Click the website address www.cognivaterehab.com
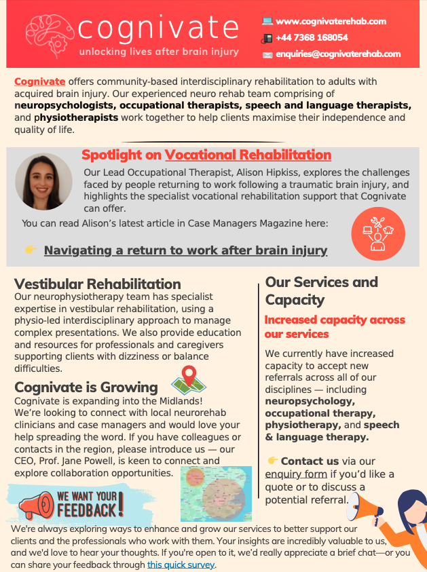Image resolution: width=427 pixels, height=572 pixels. click(331, 21)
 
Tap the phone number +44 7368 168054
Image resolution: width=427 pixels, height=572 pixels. click(312, 37)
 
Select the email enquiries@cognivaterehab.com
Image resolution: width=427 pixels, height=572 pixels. click(338, 54)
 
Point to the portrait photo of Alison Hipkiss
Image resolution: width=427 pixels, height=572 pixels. click(43, 181)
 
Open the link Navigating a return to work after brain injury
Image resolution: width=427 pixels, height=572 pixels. click(185, 250)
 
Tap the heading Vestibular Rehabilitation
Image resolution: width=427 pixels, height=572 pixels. click(98, 284)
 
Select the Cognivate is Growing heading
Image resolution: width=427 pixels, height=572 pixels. click(86, 387)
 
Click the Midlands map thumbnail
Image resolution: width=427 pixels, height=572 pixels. click(216, 493)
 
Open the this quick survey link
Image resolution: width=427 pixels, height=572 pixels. click(181, 565)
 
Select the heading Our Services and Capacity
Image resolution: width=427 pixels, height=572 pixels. click(322, 290)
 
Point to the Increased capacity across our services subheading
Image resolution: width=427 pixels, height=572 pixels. click(334, 326)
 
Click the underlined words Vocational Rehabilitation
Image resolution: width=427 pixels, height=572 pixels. click(248, 155)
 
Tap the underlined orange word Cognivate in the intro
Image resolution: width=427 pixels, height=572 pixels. click(40, 81)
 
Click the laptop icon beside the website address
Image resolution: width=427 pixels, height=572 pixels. click(267, 22)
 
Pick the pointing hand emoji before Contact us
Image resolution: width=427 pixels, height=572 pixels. click(273, 461)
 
